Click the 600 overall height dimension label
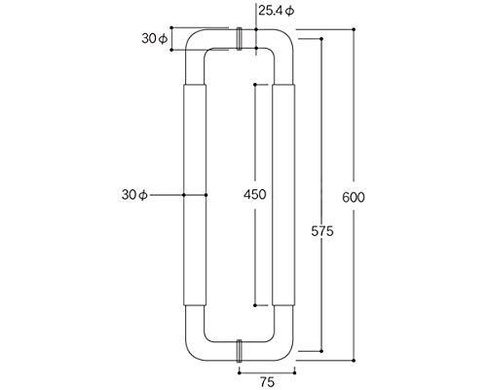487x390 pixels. (354, 197)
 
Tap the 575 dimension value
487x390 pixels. (322, 231)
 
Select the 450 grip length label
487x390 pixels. (255, 195)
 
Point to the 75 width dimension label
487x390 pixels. (267, 382)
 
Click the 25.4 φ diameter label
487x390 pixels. (277, 11)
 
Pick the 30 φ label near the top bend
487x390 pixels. (155, 39)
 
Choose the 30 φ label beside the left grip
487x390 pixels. (134, 195)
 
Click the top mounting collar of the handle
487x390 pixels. (240, 39)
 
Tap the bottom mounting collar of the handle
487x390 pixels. (240, 351)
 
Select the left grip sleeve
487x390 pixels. (195, 195)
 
